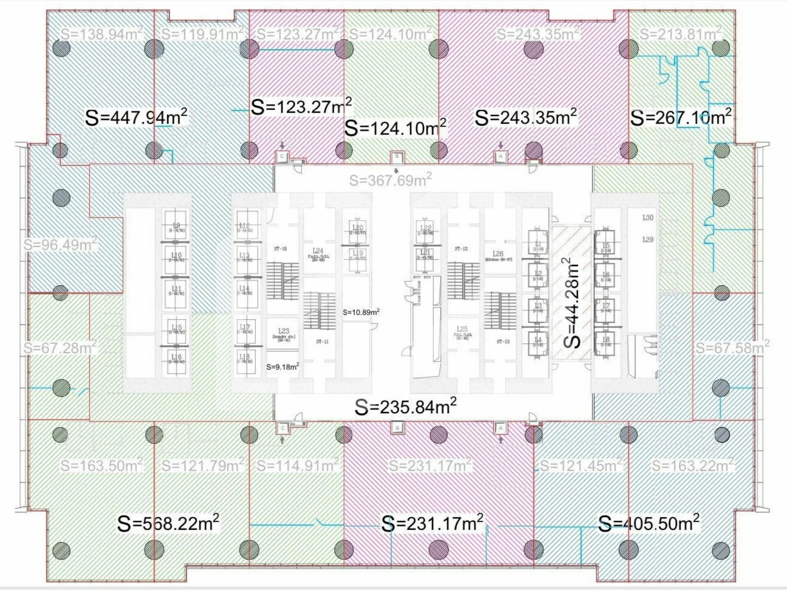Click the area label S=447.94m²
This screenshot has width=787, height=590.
coord(136,117)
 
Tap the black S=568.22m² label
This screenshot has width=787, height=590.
coord(168,523)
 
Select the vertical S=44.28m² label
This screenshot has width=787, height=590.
coord(573,303)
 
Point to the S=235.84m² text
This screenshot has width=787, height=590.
coord(405,407)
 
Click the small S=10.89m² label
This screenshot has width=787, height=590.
coord(361,312)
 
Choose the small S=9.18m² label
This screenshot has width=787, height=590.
coord(282,367)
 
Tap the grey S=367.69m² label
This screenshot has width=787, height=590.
coord(390,180)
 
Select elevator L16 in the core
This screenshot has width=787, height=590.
coord(176,359)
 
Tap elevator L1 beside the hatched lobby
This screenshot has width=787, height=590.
coord(538,246)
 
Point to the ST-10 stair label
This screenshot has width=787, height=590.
coord(280,249)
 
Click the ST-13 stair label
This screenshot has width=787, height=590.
coord(503,342)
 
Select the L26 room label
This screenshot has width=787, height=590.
coord(498,254)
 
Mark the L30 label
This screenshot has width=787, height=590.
coord(648,218)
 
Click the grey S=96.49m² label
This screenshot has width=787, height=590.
coord(60,245)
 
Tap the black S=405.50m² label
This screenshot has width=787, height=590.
coord(649,523)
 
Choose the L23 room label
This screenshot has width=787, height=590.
coord(283,331)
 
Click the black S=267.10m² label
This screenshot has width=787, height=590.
coord(681,118)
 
